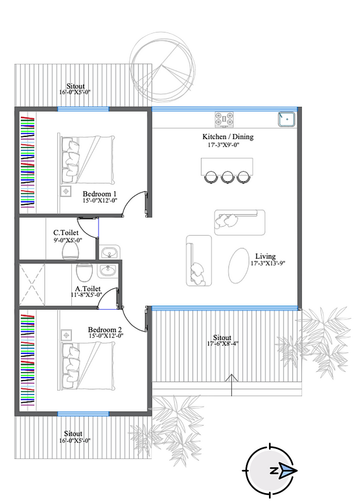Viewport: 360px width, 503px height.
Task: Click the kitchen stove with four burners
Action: tap(224, 119)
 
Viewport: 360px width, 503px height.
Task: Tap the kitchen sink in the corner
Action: tap(286, 119)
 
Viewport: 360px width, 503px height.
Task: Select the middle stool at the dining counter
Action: tap(227, 178)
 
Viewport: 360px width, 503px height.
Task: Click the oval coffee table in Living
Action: tap(239, 266)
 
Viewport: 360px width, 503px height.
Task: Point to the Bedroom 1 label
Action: tap(99, 194)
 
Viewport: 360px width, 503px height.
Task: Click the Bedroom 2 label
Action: tap(105, 330)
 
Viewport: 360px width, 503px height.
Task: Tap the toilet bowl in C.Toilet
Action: tap(71, 251)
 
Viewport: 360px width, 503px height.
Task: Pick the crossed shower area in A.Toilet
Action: tap(32, 284)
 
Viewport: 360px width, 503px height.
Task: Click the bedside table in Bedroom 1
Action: tap(66, 191)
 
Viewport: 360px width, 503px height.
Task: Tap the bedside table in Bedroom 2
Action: tap(66, 335)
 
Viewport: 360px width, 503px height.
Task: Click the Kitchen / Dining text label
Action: tap(228, 137)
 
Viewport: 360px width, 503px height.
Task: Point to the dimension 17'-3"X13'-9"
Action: tap(268, 263)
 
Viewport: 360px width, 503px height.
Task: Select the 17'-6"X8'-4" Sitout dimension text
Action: tap(223, 344)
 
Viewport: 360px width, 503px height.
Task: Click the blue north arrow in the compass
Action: tap(288, 471)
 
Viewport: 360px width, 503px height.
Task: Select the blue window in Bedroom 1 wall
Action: tap(83, 109)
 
